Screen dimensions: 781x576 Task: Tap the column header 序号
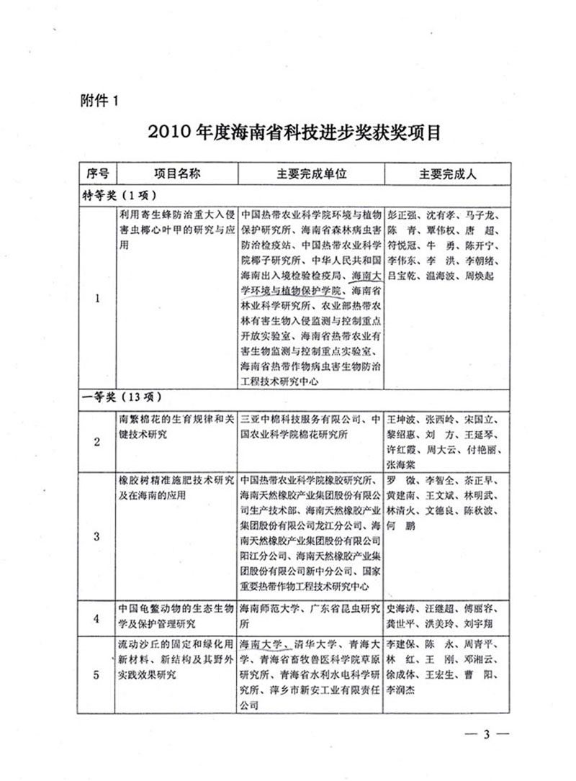96,174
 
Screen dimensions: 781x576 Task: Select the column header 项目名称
177,174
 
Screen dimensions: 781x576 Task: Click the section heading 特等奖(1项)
117,194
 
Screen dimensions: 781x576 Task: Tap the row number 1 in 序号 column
96,299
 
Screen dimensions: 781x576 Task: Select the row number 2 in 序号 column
96,441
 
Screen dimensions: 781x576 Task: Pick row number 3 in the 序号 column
96,536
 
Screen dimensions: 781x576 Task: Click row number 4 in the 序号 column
96,616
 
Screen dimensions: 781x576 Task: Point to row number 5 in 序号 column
96,674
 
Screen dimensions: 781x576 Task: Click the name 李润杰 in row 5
403,689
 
